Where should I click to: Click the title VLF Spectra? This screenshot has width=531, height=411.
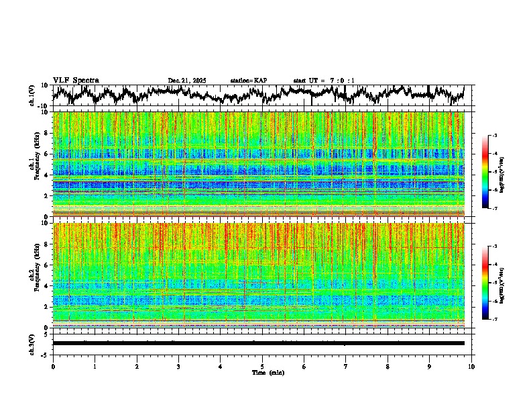pos(76,80)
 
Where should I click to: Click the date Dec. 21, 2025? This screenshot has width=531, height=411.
pos(187,81)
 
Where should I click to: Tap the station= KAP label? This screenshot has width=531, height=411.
pos(248,81)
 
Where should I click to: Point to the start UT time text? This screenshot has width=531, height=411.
pos(324,81)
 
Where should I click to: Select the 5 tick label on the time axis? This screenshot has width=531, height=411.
pos(262,366)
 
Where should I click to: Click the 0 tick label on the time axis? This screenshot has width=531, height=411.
pos(53,366)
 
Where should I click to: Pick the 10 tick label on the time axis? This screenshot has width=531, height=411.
pos(471,366)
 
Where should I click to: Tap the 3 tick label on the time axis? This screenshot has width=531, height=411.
pos(178,366)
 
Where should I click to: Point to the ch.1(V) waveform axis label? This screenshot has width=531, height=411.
pos(32,95)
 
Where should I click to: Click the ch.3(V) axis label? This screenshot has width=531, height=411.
pos(32,342)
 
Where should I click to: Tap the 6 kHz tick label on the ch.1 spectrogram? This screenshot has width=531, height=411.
pos(46,154)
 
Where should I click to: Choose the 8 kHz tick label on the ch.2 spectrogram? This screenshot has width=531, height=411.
pos(46,244)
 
